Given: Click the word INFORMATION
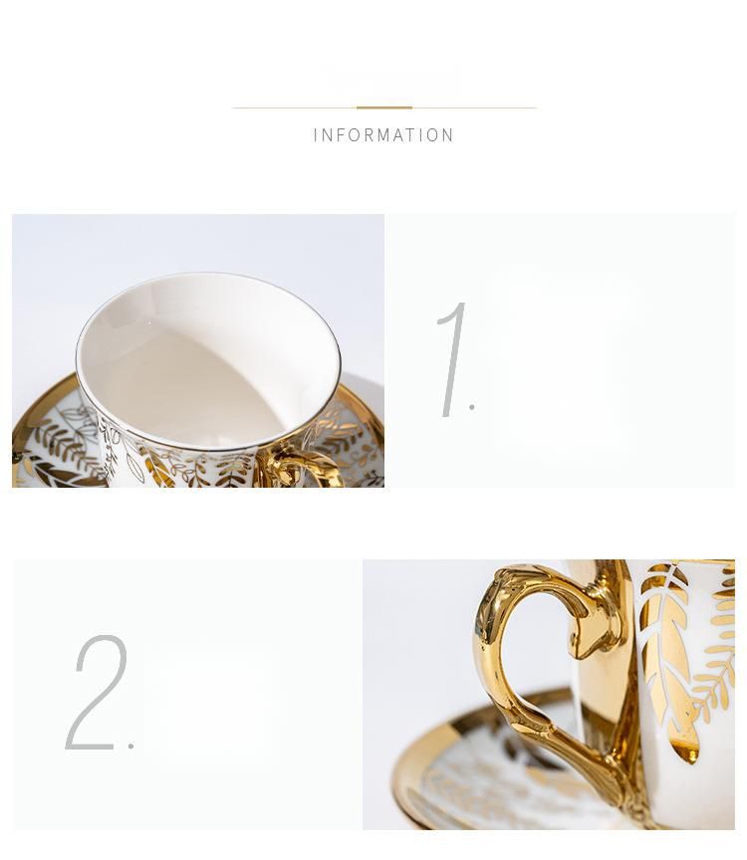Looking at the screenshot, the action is [383, 135].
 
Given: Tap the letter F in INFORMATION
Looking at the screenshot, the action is [341, 135].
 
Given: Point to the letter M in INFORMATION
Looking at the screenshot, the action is [383, 135].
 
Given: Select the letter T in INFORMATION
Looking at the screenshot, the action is [412, 135].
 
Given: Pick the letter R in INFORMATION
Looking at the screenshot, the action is [369, 135].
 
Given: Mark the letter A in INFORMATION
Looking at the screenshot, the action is [399, 135].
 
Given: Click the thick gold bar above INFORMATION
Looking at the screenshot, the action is [384, 108].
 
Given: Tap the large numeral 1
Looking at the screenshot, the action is [453, 359].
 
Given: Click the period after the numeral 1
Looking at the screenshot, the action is [472, 406].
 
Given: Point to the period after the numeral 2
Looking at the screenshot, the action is [131, 746].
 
